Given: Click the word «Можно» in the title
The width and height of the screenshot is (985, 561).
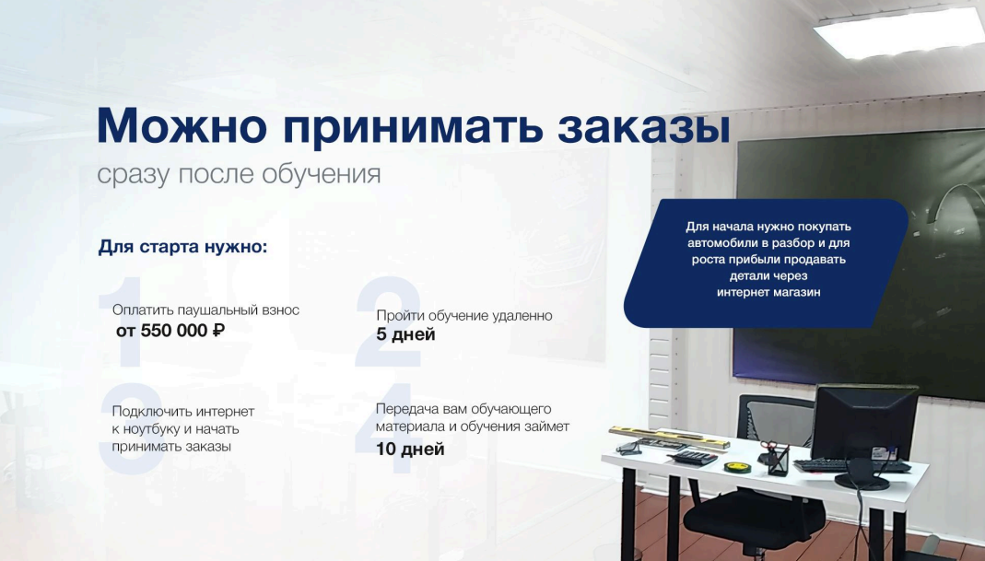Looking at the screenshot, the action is [182, 125].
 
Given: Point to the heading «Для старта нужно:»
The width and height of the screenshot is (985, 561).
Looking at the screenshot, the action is [182, 247].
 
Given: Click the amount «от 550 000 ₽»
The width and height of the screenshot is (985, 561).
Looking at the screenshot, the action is [170, 331].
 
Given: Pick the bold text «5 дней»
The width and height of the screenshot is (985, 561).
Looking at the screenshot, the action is [405, 334].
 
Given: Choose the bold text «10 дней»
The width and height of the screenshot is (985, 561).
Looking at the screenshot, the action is [410, 450].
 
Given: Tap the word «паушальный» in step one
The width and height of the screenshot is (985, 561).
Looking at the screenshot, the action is [217, 310].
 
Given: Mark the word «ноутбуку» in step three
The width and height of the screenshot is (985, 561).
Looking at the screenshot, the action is [152, 429].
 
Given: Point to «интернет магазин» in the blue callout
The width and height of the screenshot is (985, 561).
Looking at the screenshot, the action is [768, 292].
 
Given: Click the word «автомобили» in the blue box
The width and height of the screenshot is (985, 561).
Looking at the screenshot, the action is [719, 243].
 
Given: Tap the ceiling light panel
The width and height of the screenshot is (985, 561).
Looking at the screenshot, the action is [899, 31].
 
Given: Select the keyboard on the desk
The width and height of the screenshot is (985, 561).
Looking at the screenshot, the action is [851, 465].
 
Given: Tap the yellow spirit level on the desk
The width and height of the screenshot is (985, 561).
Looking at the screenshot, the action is [670, 438].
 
